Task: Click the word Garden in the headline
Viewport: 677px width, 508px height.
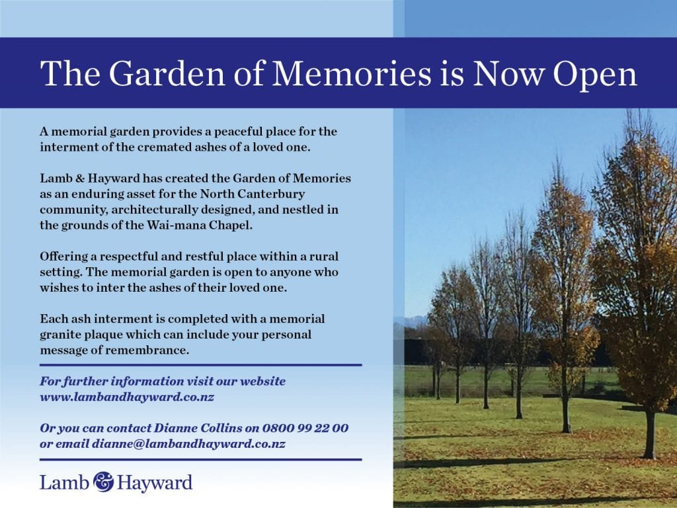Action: (x=167, y=73)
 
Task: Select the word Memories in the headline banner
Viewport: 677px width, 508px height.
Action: (x=352, y=73)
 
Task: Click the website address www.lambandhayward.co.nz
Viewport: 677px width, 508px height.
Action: (x=127, y=397)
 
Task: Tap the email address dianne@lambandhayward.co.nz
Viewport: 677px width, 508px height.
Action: (x=188, y=444)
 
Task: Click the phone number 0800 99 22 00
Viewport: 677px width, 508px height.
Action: (x=305, y=428)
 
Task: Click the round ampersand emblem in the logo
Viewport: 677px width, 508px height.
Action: (x=104, y=482)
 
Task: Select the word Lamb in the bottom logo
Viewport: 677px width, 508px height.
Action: (x=64, y=482)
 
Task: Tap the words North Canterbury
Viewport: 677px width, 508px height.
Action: (x=253, y=194)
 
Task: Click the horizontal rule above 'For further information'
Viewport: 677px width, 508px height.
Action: (x=201, y=365)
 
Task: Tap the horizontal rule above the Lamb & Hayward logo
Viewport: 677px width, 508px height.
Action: (x=201, y=460)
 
